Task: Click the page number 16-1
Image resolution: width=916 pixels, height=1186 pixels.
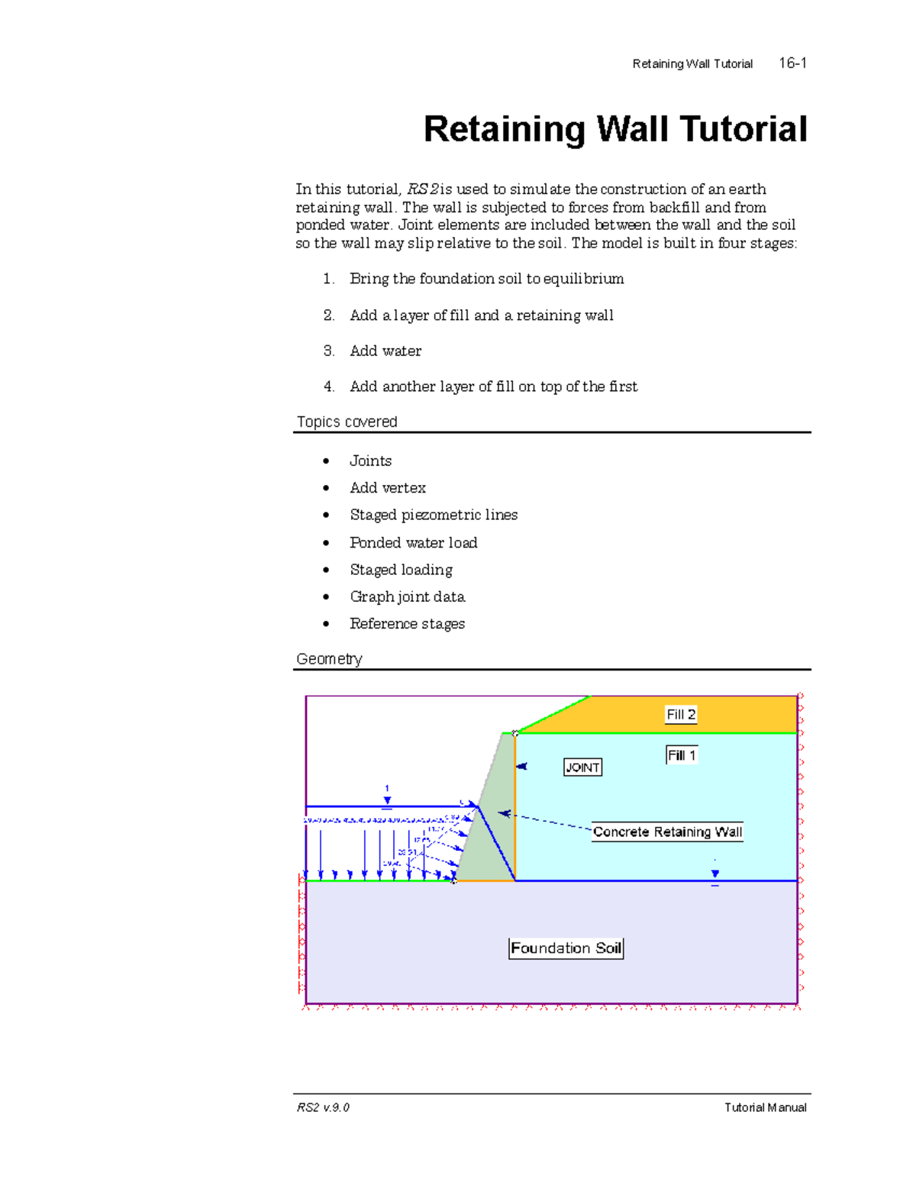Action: click(792, 63)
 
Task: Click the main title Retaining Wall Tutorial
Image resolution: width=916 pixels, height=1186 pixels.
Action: click(615, 129)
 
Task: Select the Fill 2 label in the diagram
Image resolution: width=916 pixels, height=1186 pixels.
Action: click(681, 715)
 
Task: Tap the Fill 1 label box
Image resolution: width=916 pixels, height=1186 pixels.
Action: click(682, 755)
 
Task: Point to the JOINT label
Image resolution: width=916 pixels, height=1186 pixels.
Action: click(582, 768)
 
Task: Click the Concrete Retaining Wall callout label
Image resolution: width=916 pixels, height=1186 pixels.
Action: click(667, 832)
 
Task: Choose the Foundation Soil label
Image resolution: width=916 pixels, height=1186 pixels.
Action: click(566, 948)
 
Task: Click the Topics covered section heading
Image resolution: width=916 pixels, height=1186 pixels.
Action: click(347, 422)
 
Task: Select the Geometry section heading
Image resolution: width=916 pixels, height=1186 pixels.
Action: click(329, 659)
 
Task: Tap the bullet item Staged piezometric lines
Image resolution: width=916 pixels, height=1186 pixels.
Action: click(434, 515)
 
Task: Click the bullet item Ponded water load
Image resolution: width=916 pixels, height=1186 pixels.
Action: click(414, 542)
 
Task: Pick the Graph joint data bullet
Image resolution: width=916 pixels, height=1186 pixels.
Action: click(408, 596)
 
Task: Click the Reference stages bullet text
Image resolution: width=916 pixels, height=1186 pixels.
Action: click(408, 624)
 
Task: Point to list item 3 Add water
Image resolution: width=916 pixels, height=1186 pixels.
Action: click(385, 351)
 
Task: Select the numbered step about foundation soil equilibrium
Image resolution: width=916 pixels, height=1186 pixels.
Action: click(486, 279)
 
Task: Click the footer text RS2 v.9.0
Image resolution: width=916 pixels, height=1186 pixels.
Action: click(323, 1107)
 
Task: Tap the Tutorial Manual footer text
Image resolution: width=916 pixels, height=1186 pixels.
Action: click(765, 1107)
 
